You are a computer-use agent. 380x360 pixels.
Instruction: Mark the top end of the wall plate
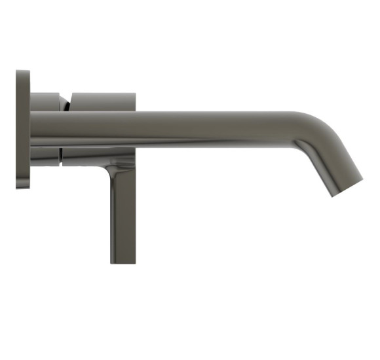tap(22, 71)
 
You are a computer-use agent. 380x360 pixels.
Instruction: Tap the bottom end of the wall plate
tap(22, 187)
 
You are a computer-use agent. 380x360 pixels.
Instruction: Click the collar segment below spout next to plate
tap(45, 156)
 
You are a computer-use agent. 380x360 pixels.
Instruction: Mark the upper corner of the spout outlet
tap(362, 175)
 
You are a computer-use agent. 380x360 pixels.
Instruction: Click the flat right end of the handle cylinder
tap(135, 101)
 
